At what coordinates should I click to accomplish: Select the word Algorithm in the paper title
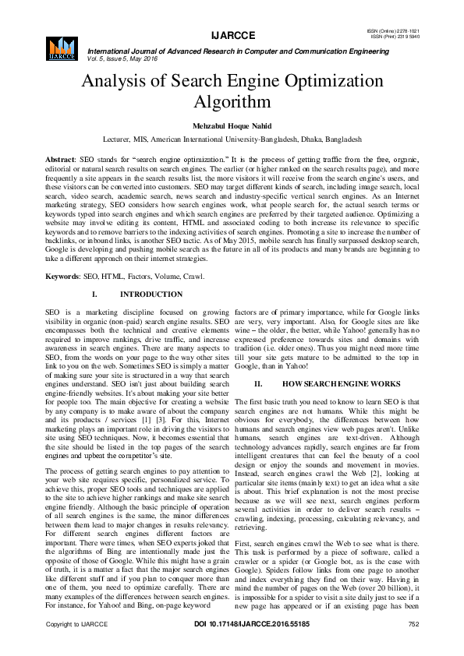tap(232, 102)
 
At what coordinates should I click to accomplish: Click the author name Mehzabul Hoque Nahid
tap(232, 125)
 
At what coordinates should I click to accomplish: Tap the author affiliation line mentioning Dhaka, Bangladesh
tap(232, 138)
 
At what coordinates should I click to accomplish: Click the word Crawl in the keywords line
tap(172, 277)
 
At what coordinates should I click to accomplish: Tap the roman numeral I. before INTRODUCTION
tap(94, 295)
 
